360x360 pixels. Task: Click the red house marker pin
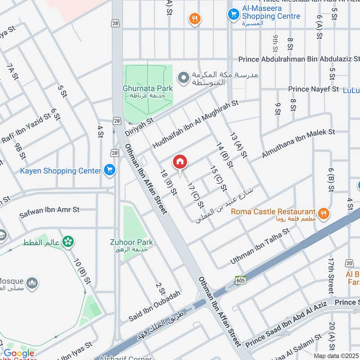coord(180,162)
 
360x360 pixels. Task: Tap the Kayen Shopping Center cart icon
coord(109,170)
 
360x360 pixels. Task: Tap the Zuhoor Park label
coord(131,243)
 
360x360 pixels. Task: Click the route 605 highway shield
coord(240,279)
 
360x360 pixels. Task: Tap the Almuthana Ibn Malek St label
coord(299,145)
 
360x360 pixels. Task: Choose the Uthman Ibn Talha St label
coord(259,246)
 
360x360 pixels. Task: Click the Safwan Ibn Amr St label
coord(49,213)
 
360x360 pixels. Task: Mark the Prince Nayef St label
coord(313,89)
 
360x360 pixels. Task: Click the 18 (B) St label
coord(168,182)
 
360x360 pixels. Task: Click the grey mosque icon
coord(31,283)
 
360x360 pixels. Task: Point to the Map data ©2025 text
coord(335,355)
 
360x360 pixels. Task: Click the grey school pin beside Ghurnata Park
coord(183,78)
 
